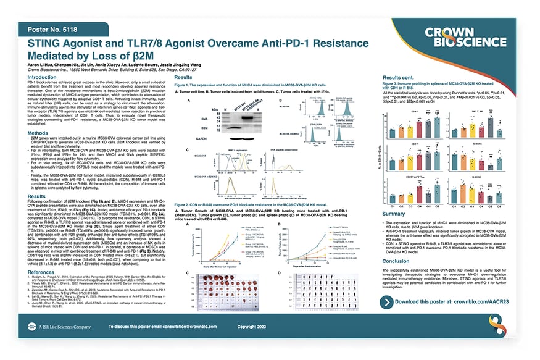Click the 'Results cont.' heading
(x=402, y=78)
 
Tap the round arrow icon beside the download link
(x=388, y=302)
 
